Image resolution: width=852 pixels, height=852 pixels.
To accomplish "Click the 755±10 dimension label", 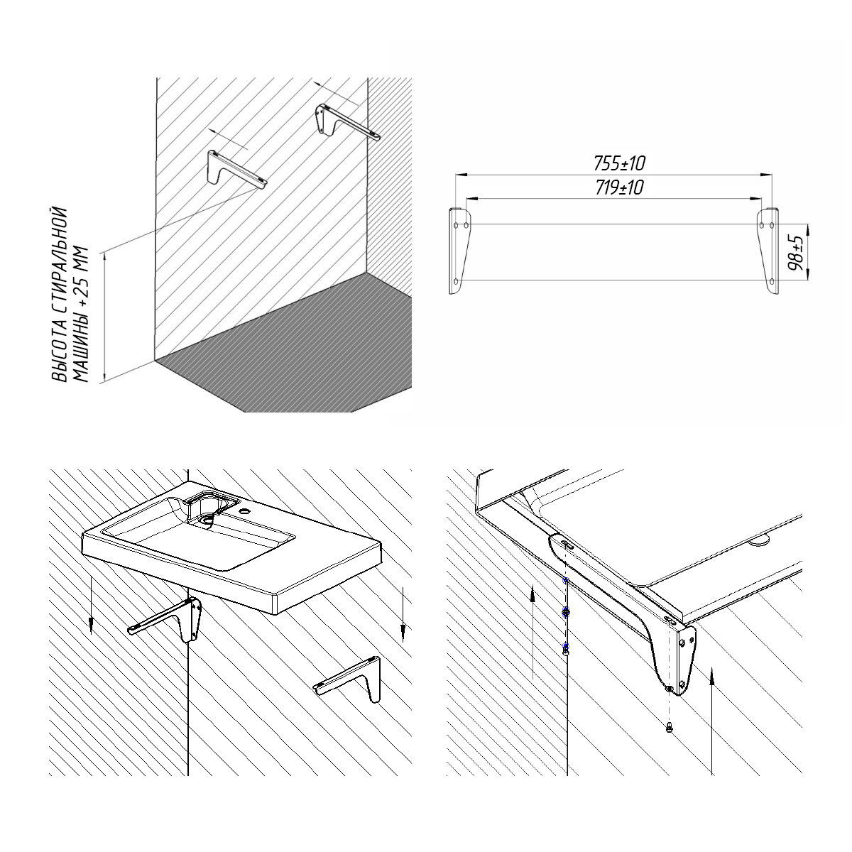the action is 619,164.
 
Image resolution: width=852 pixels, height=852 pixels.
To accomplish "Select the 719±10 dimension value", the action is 619,188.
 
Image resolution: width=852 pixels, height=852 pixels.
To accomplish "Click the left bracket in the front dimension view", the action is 460,251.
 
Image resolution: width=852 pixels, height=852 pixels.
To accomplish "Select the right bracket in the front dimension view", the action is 768,251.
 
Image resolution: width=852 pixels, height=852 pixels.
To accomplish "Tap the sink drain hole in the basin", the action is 206,520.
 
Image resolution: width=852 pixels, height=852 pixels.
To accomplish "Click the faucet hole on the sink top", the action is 242,512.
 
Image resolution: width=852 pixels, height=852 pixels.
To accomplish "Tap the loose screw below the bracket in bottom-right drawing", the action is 669,727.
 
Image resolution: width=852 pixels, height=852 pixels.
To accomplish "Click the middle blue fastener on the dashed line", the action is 566,612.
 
